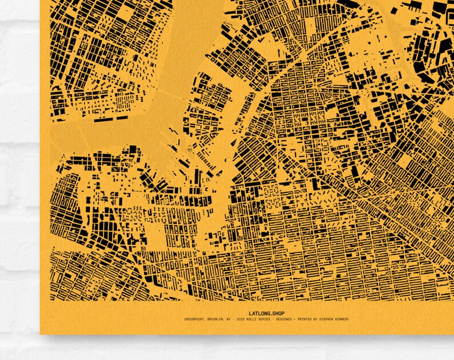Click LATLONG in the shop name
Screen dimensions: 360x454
(260, 313)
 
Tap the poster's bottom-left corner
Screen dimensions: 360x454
(41, 333)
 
